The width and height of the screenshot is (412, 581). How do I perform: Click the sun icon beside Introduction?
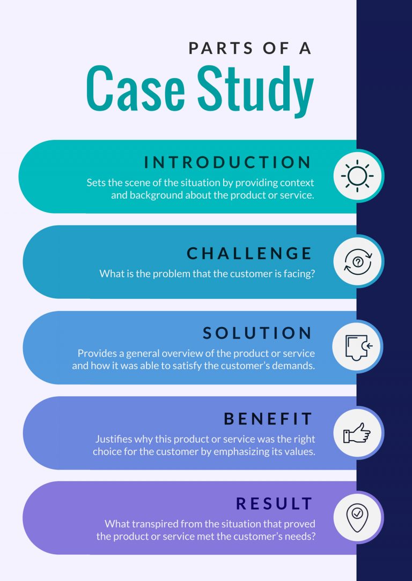358,176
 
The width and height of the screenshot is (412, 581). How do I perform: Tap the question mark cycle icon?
358,262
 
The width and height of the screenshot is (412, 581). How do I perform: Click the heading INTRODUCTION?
228,162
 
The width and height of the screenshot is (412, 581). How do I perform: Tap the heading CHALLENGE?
249,253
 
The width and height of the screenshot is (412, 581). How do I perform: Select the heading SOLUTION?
258,333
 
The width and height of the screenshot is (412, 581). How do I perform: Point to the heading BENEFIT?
268,419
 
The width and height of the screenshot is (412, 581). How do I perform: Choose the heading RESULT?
275,504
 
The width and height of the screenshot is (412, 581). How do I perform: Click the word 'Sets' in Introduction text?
95,183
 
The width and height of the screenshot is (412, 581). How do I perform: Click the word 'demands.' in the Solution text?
296,366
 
